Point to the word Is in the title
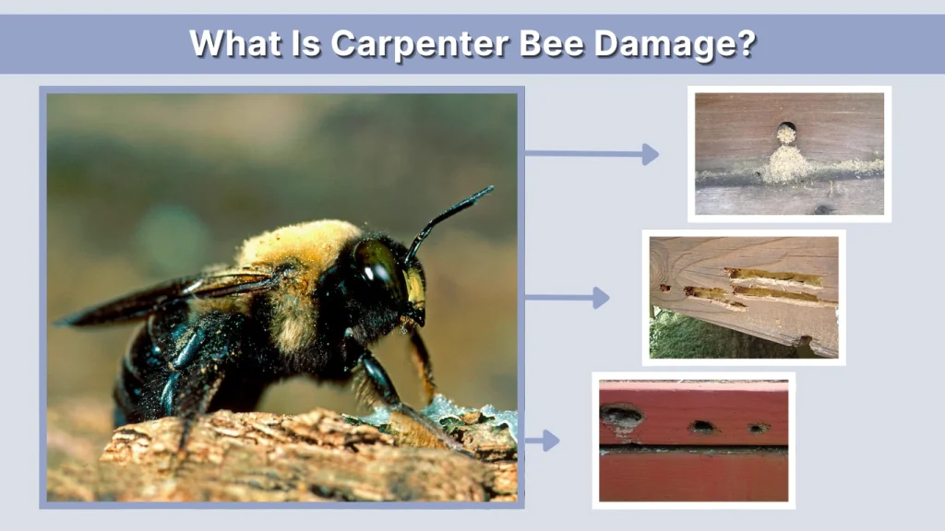tap(305, 43)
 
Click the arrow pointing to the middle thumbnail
tap(567, 298)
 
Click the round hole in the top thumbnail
tap(786, 128)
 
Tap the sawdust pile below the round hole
tap(786, 164)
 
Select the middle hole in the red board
tap(703, 427)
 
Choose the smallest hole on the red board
tap(759, 428)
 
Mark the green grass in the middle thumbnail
tap(701, 341)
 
